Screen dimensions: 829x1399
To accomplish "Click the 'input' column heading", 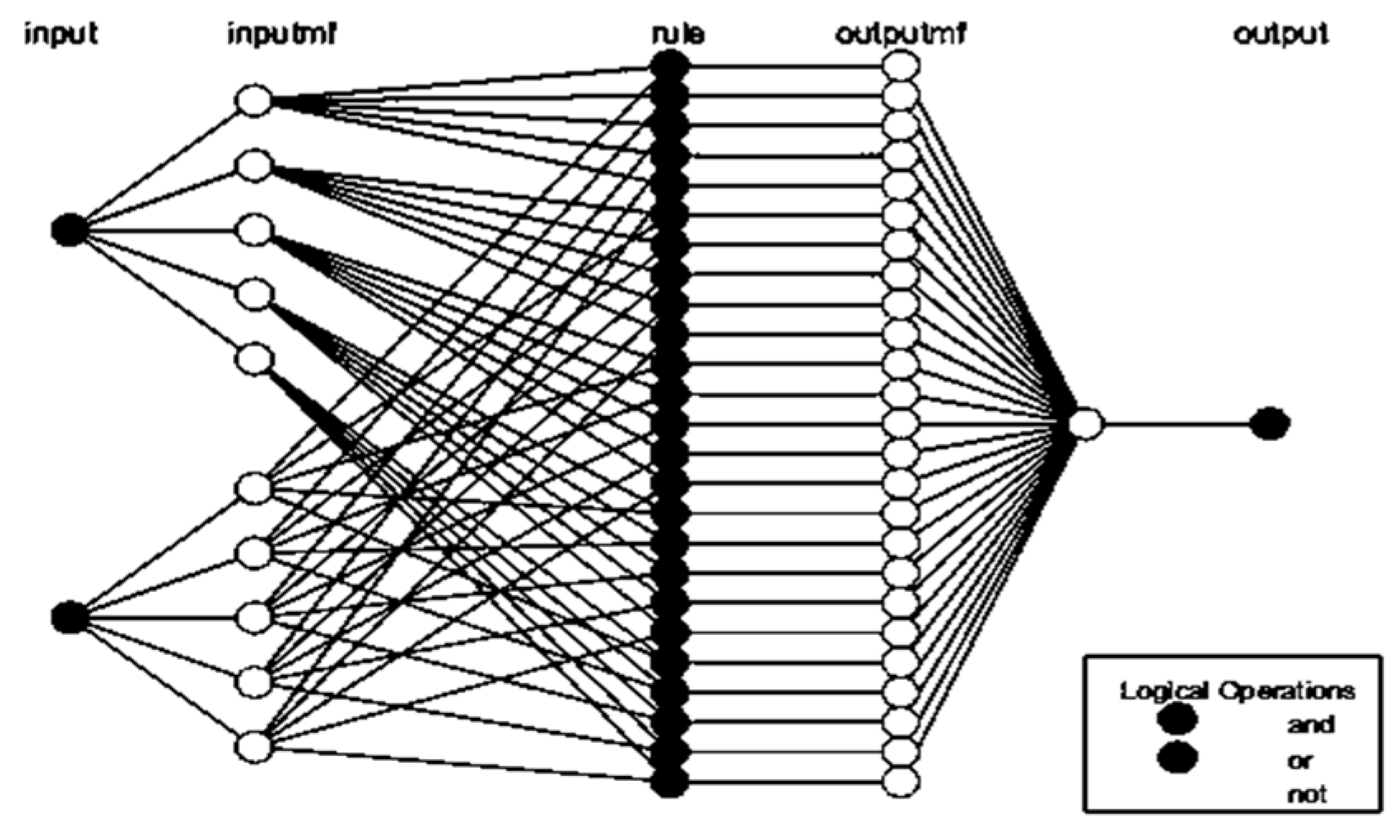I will (61, 35).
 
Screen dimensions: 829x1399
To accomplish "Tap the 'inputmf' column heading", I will (282, 35).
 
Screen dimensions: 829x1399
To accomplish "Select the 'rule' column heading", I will (678, 35).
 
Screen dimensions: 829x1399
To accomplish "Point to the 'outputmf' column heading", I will (900, 35).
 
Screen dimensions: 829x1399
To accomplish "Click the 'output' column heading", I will (1280, 35).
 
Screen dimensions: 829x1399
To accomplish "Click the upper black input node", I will (69, 230).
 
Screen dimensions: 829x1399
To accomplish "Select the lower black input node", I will (69, 618).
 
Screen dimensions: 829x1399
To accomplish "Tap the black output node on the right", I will (1270, 424).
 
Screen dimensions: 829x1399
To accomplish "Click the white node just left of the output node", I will (1086, 424).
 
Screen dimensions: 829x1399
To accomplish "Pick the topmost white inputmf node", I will (254, 100).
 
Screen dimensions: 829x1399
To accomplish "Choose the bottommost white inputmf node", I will (254, 746).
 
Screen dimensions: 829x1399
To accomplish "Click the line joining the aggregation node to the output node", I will (1177, 424).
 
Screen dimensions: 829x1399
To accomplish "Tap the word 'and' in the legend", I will (1310, 725).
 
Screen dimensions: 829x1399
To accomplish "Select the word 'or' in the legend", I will (1300, 760).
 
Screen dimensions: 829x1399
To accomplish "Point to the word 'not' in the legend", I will (1307, 794).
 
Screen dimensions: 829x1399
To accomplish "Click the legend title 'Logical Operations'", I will (1237, 691).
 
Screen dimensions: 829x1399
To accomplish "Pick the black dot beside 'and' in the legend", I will (1178, 720).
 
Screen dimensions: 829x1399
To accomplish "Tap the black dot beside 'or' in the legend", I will (1178, 757).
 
